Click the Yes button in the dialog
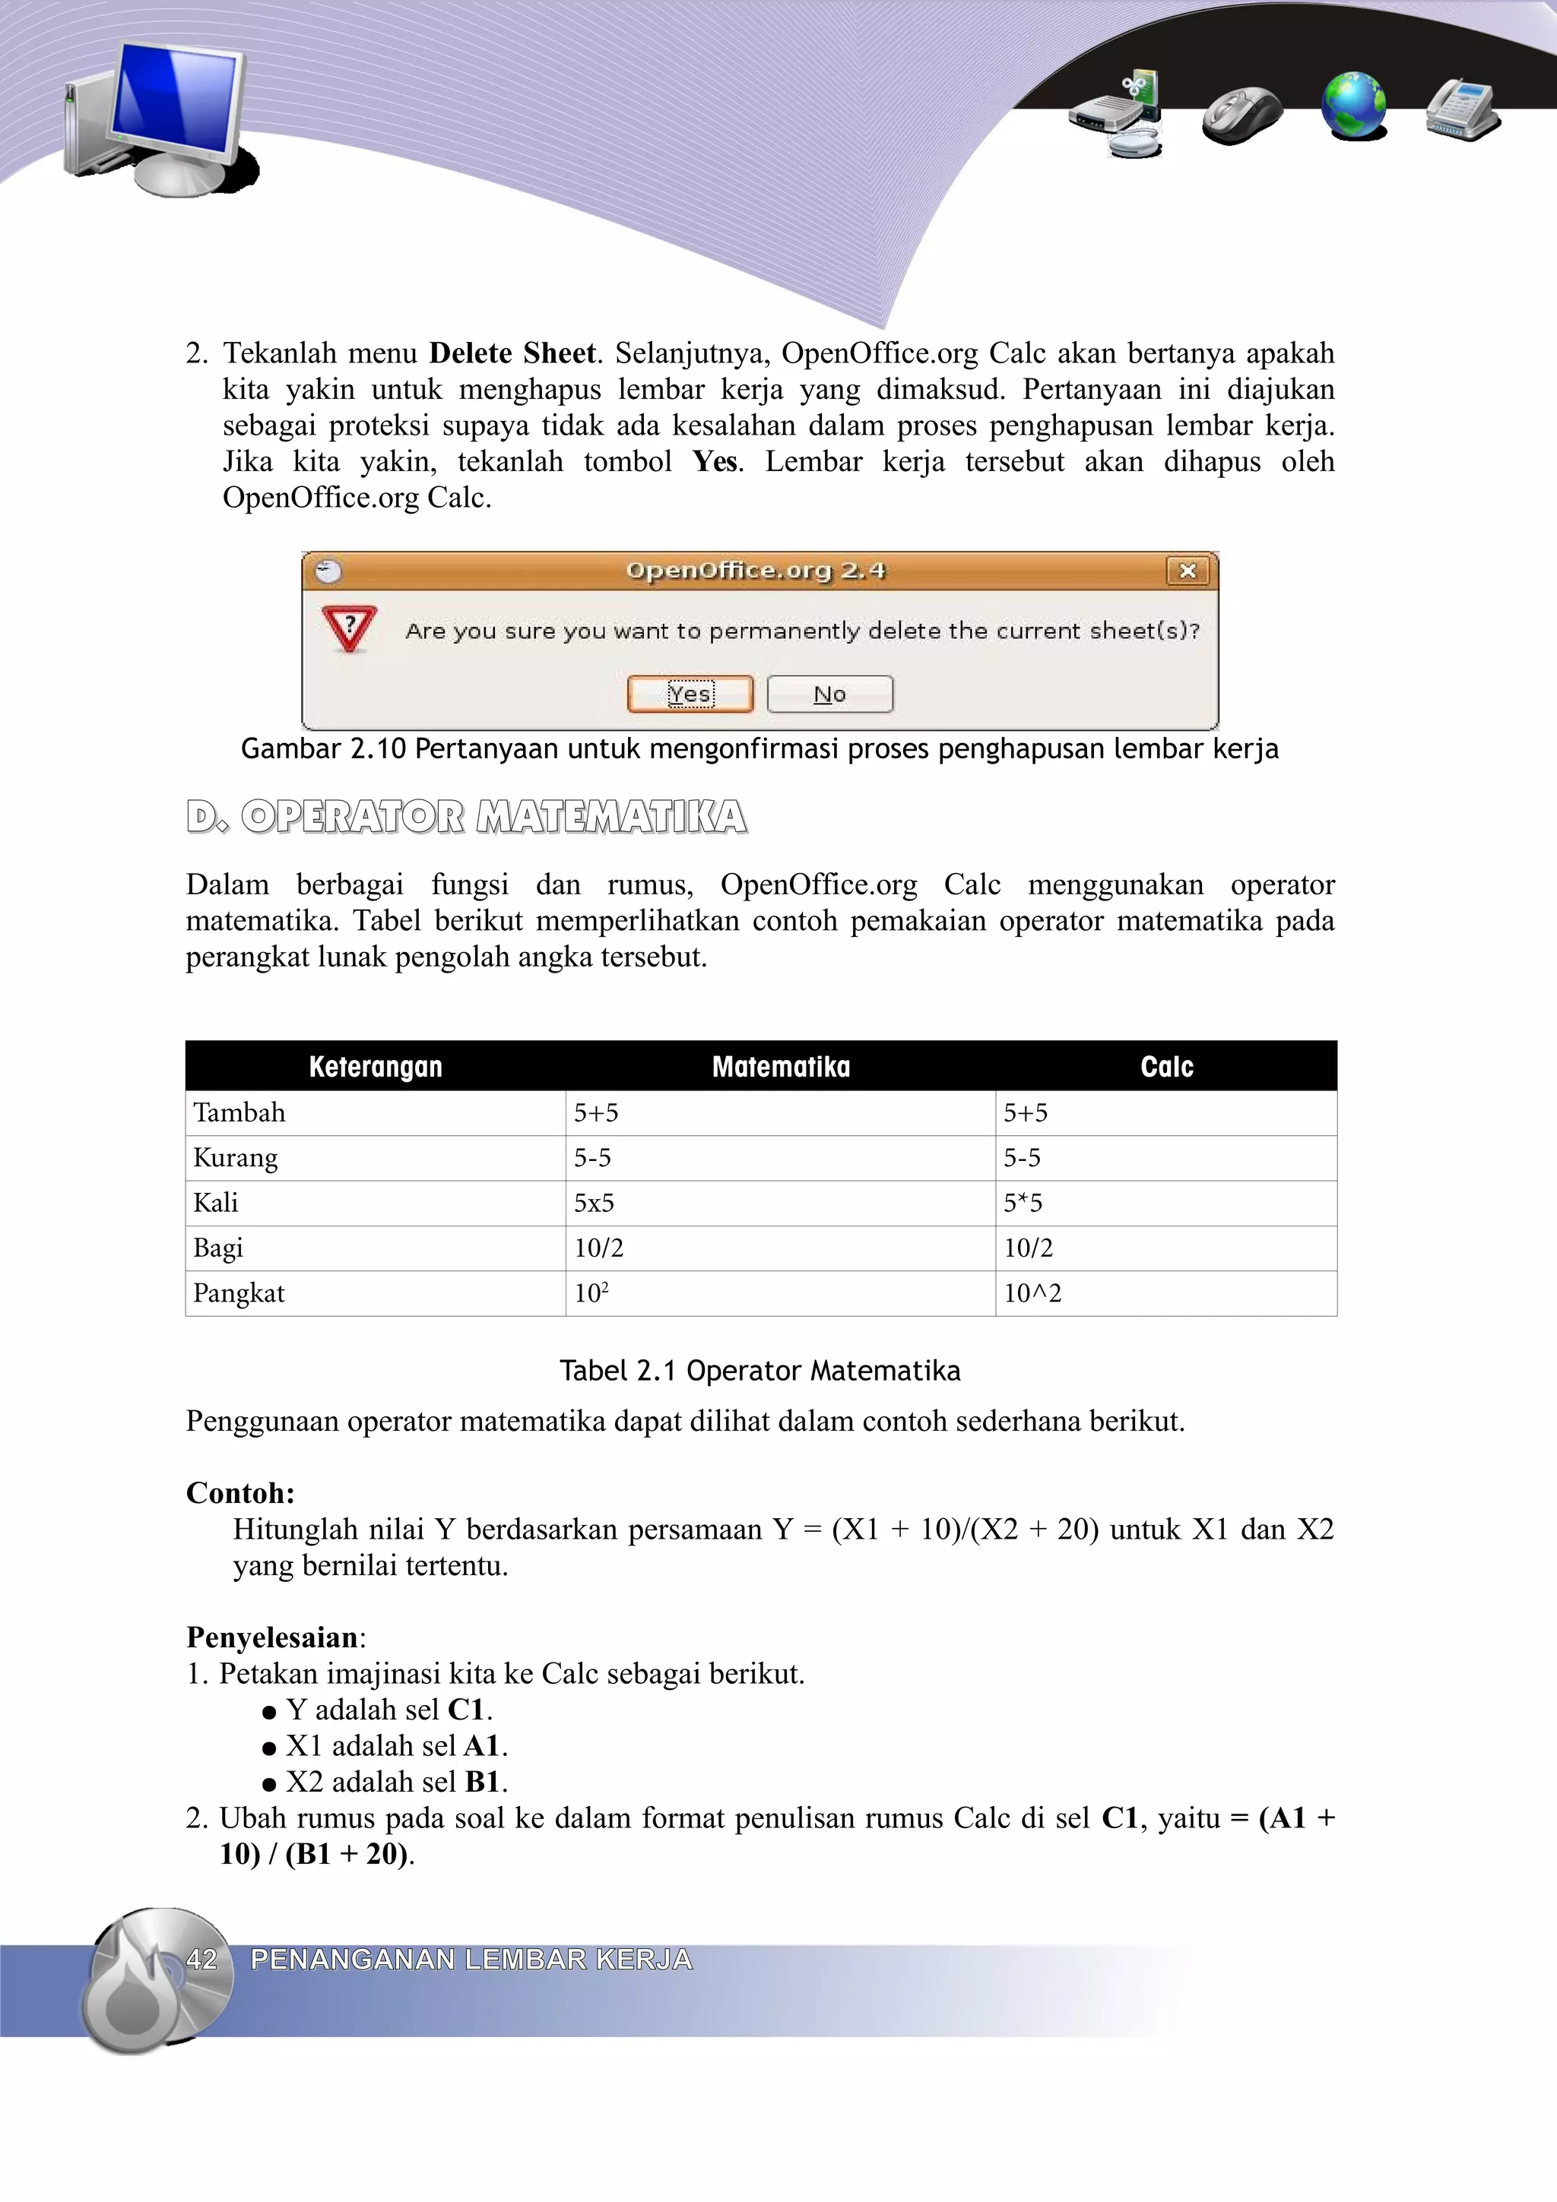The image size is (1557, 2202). click(690, 694)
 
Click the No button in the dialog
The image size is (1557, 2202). click(830, 694)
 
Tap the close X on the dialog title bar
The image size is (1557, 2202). click(1187, 571)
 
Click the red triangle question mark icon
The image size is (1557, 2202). click(349, 628)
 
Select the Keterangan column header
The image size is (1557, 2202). click(375, 1067)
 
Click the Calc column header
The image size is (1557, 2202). click(1165, 1067)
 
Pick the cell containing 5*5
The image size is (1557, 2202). click(1023, 1203)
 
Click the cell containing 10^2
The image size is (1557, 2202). click(1032, 1292)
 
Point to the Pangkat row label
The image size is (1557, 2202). click(239, 1292)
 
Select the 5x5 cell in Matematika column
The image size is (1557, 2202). click(594, 1203)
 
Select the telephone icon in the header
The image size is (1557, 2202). click(1461, 109)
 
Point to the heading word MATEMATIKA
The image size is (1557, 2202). click(611, 817)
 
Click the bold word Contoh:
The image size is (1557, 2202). click(239, 1492)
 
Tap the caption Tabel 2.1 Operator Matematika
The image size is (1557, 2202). click(759, 1371)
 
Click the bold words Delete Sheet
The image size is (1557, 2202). click(512, 353)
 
